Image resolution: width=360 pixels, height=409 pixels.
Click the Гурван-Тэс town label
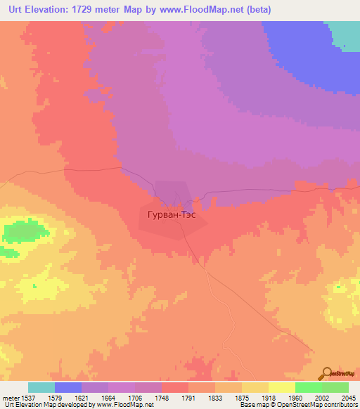[172, 217]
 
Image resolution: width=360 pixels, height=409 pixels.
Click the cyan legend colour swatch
[41, 387]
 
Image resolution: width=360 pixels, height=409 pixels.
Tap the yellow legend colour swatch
[281, 387]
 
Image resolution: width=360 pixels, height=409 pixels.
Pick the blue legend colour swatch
[68, 387]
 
